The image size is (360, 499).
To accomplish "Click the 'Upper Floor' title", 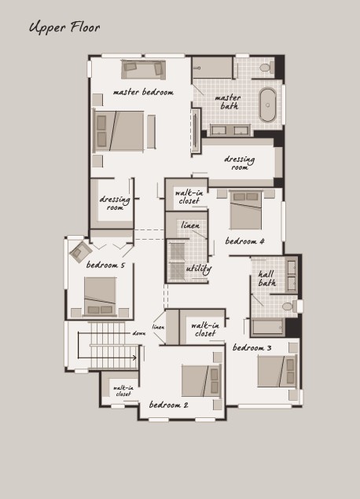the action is pyautogui.click(x=64, y=28).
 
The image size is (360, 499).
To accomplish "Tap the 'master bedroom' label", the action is pyautogui.click(x=143, y=92).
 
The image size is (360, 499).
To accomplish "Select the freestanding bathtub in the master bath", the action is pyautogui.click(x=268, y=105).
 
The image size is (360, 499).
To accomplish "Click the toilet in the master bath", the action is pyautogui.click(x=266, y=67).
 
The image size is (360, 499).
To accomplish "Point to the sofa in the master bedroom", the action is pyautogui.click(x=143, y=69).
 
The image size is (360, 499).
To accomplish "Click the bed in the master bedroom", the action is pyautogui.click(x=119, y=130).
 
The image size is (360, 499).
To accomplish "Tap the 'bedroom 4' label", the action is pyautogui.click(x=244, y=241).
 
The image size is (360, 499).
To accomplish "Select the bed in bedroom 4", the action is pyautogui.click(x=246, y=210).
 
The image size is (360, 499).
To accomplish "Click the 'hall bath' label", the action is pyautogui.click(x=266, y=278).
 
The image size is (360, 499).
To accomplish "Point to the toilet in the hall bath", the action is pyautogui.click(x=290, y=306).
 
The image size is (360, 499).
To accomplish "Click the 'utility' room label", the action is pyautogui.click(x=199, y=269).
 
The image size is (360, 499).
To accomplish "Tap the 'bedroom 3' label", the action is pyautogui.click(x=252, y=347).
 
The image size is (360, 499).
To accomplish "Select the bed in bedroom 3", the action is pyautogui.click(x=277, y=371).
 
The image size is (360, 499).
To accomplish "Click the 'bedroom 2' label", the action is pyautogui.click(x=169, y=405).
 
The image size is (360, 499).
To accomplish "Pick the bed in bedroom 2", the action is pyautogui.click(x=201, y=381).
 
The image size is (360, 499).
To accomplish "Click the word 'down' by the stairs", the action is pyautogui.click(x=139, y=333).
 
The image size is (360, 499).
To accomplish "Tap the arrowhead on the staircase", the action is pyautogui.click(x=135, y=358).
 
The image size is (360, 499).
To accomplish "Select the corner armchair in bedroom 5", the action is pyautogui.click(x=81, y=252).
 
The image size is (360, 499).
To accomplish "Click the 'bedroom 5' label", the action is pyautogui.click(x=105, y=265).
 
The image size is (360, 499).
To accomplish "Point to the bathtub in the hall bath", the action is pyautogui.click(x=268, y=327).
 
